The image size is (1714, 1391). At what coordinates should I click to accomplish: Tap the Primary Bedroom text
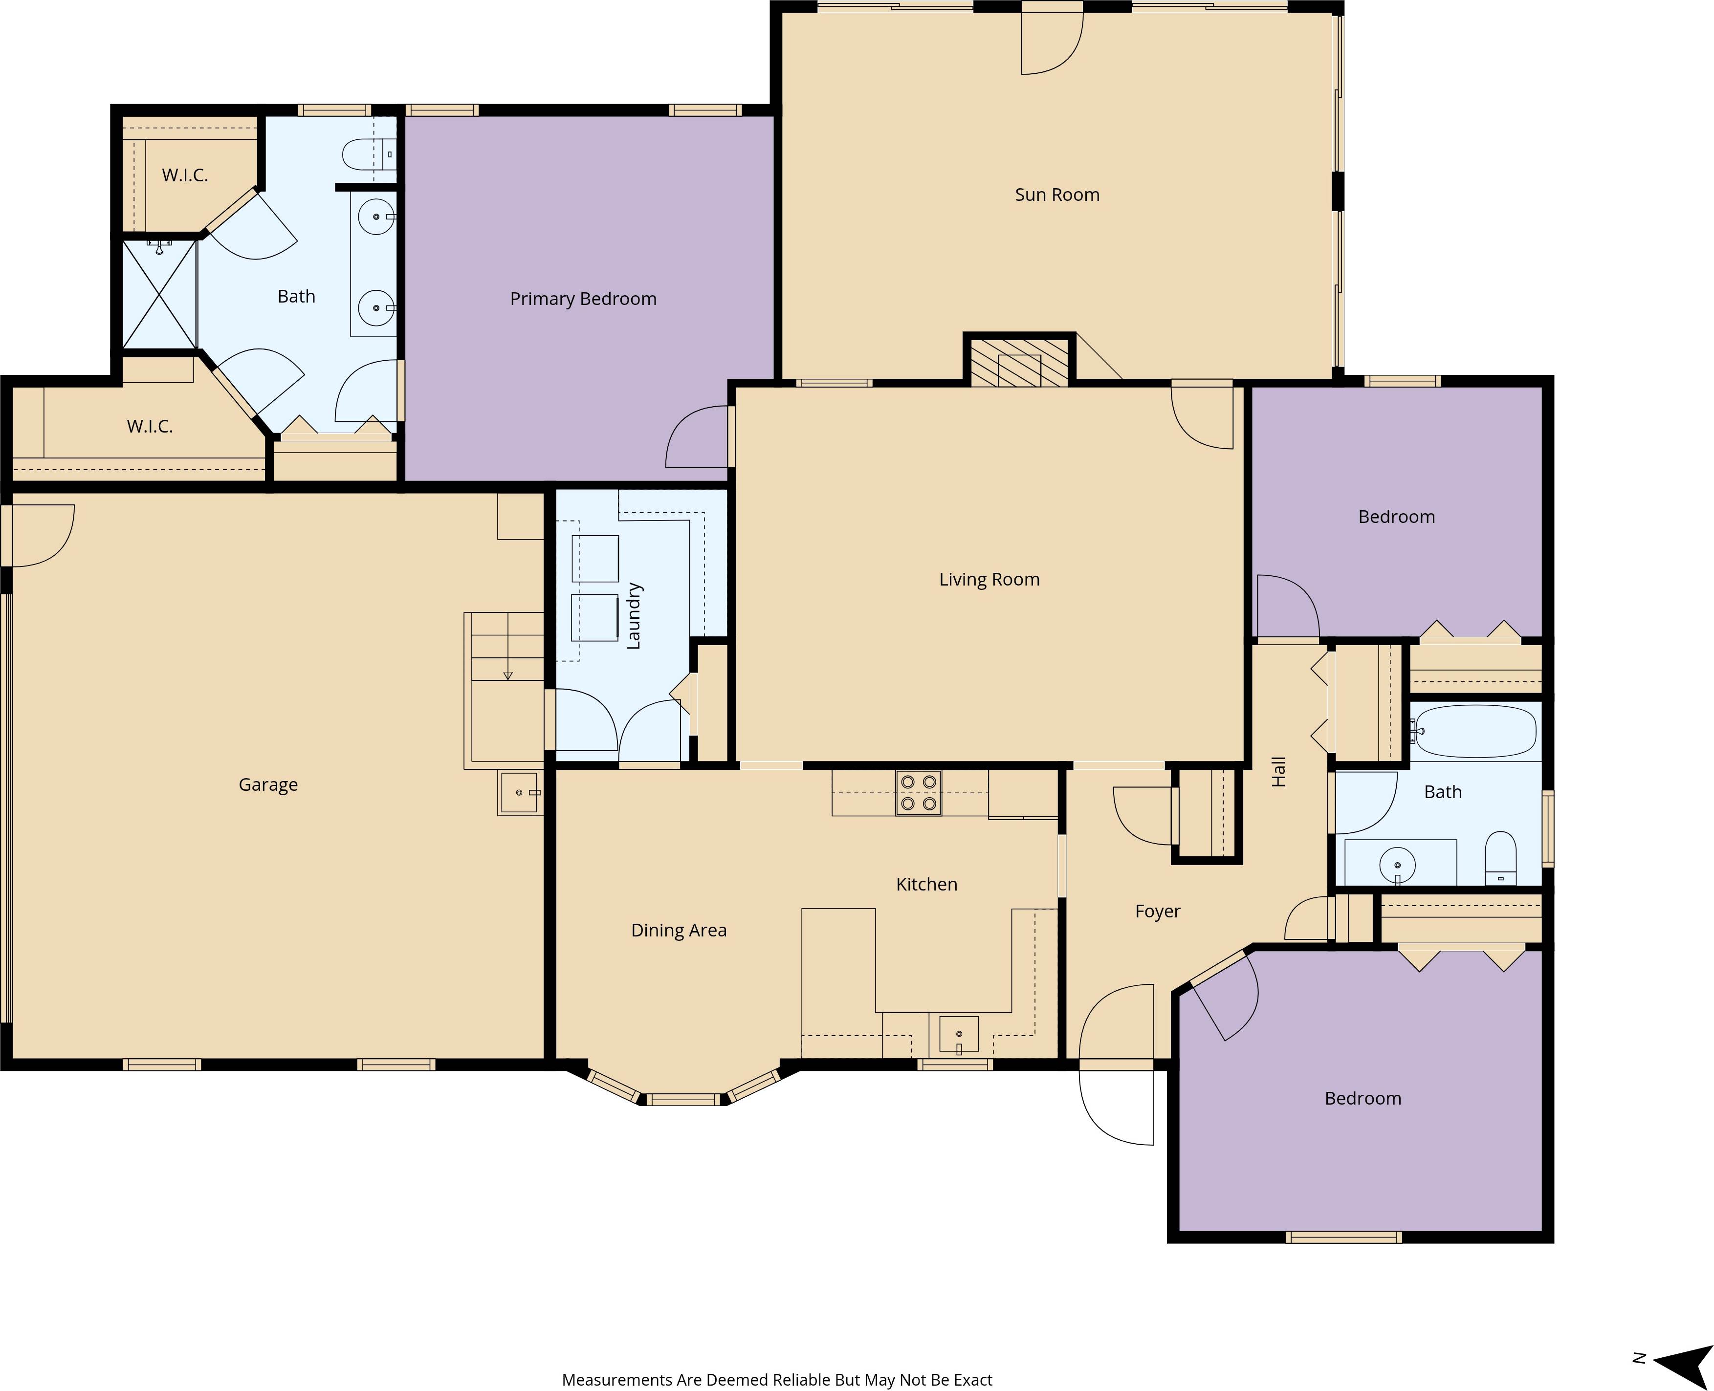pyautogui.click(x=583, y=299)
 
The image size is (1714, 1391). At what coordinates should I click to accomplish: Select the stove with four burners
pyautogui.click(x=918, y=792)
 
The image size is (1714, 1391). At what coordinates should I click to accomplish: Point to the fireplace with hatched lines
pyautogui.click(x=1019, y=364)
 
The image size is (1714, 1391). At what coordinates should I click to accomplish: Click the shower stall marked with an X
pyautogui.click(x=159, y=294)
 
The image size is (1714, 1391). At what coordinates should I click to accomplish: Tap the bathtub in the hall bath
pyautogui.click(x=1475, y=731)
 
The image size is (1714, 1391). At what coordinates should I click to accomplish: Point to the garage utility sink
pyautogui.click(x=519, y=792)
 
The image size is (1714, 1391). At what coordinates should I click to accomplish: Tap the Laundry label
pyautogui.click(x=633, y=615)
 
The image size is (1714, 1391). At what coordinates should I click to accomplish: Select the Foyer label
pyautogui.click(x=1157, y=911)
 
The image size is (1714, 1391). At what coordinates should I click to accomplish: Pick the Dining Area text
pyautogui.click(x=679, y=930)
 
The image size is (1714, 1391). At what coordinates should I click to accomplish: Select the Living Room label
pyautogui.click(x=989, y=579)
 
